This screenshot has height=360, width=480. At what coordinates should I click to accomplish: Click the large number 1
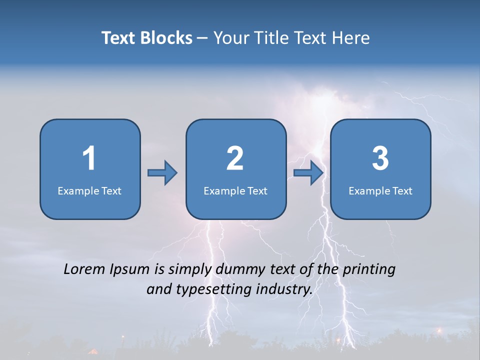tap(89, 158)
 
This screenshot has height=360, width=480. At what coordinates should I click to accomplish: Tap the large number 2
tap(235, 158)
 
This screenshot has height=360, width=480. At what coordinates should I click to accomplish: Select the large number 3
tap(380, 158)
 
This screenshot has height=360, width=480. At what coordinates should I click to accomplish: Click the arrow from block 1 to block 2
tap(162, 173)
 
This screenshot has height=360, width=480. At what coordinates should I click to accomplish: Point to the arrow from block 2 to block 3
tap(308, 173)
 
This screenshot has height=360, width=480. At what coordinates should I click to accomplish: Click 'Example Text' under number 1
tap(89, 190)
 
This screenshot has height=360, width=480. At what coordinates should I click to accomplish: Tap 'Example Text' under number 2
tap(235, 190)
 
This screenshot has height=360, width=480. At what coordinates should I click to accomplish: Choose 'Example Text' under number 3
tap(380, 190)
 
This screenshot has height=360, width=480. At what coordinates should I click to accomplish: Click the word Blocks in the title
tap(166, 38)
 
